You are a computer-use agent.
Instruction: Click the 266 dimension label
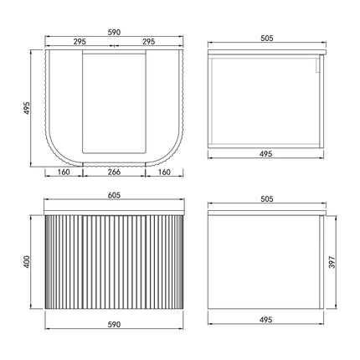114,172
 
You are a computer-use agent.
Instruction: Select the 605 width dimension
114,195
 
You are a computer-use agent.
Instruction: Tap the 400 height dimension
27,262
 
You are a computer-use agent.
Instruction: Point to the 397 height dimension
332,262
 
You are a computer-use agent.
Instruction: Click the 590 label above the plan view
114,33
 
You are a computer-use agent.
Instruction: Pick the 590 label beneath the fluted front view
114,325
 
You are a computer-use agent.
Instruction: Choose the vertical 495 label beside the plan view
27,108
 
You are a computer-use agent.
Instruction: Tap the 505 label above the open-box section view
267,39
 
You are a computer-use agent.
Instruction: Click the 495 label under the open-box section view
265,154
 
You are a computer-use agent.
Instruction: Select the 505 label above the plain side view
267,199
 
